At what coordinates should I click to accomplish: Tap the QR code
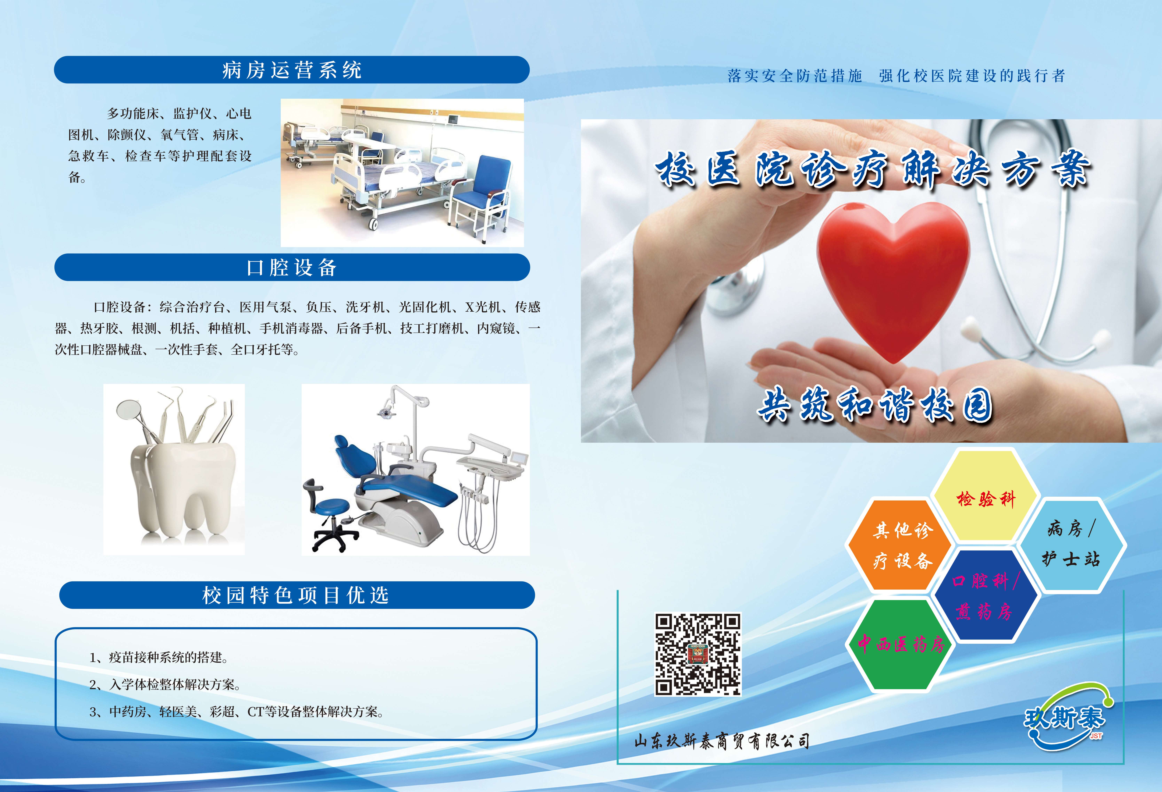pos(698,654)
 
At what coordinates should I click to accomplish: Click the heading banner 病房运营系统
pos(292,70)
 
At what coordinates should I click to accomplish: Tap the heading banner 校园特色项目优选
pos(297,595)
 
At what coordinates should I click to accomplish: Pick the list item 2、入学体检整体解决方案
pos(164,684)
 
